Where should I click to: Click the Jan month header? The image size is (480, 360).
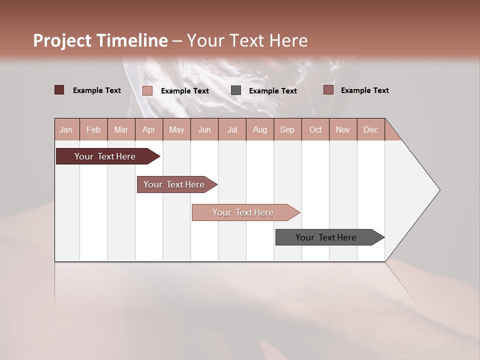[x=66, y=129]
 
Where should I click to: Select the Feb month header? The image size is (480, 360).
[x=93, y=129]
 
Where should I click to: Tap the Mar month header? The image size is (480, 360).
[x=121, y=129]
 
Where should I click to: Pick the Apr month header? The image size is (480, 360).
[x=149, y=129]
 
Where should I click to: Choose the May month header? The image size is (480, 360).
[x=176, y=129]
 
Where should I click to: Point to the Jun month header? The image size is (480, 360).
[x=204, y=129]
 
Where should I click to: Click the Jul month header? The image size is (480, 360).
[x=232, y=129]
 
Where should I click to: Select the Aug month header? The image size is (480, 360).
[x=260, y=129]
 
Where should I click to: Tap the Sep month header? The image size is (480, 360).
[x=287, y=129]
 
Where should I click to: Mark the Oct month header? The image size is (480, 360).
[x=315, y=129]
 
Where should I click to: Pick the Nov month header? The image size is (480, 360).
[x=343, y=129]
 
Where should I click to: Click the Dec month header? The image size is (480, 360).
[x=371, y=129]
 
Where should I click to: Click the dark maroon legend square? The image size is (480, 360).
[x=59, y=90]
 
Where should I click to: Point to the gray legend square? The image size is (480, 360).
[x=236, y=90]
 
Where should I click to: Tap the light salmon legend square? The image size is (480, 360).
[x=147, y=90]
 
